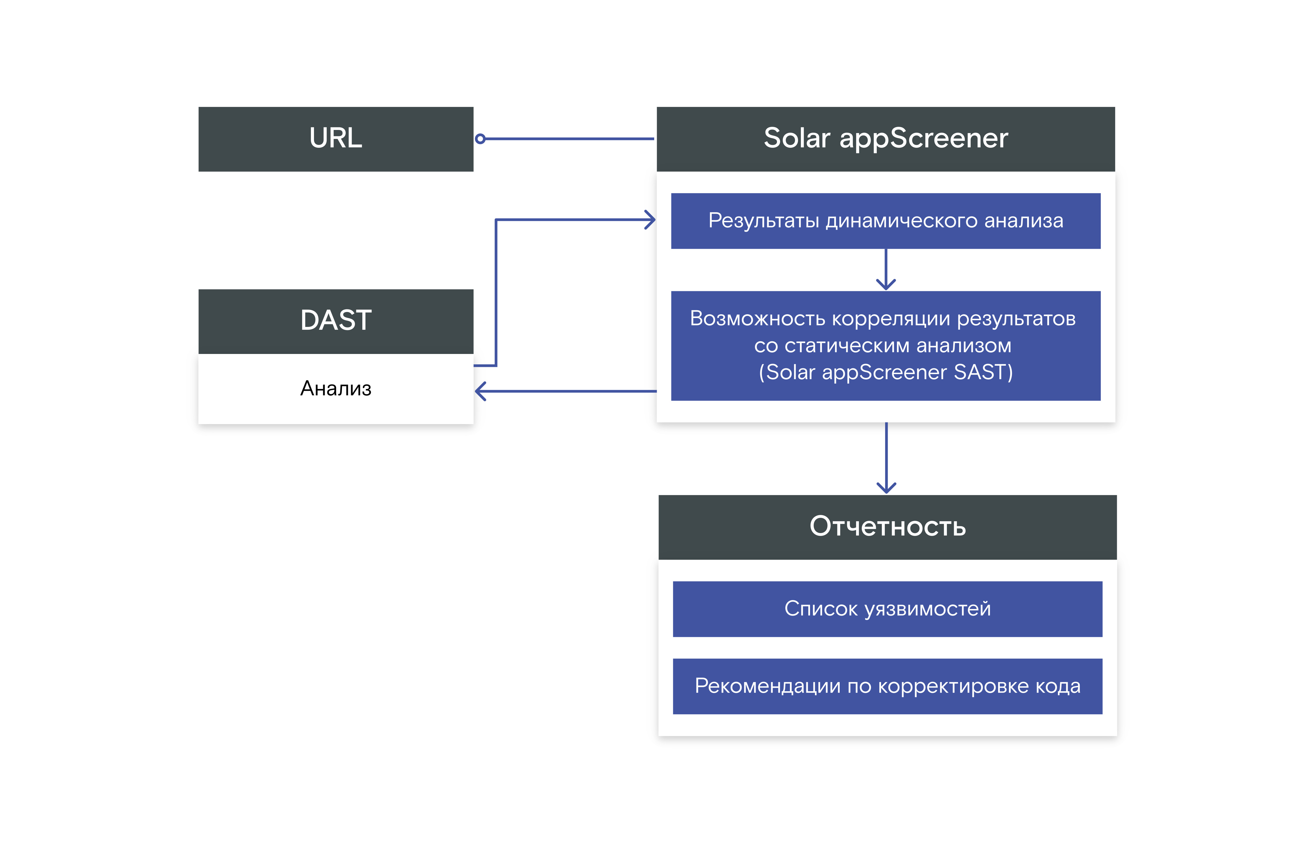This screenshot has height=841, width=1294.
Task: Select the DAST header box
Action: (x=336, y=321)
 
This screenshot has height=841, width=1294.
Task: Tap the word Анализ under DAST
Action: (x=336, y=389)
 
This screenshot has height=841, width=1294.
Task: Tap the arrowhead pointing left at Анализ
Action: (x=480, y=391)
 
